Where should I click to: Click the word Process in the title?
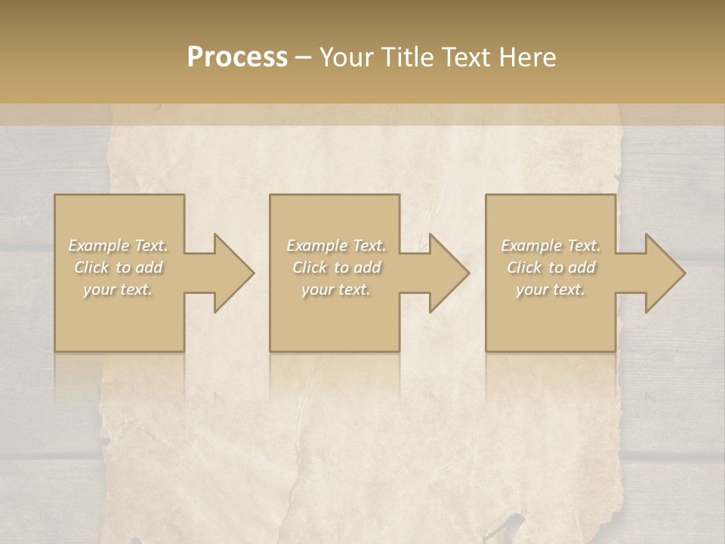click(237, 57)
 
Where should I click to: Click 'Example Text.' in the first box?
click(119, 246)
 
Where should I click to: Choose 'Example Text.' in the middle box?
click(336, 246)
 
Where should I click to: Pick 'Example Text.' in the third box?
click(551, 246)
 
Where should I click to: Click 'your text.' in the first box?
click(119, 289)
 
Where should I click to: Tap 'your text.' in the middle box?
click(336, 289)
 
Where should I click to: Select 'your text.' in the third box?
click(551, 289)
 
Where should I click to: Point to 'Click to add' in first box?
click(119, 267)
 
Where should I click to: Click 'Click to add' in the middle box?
click(336, 267)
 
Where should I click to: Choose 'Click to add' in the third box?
click(551, 267)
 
